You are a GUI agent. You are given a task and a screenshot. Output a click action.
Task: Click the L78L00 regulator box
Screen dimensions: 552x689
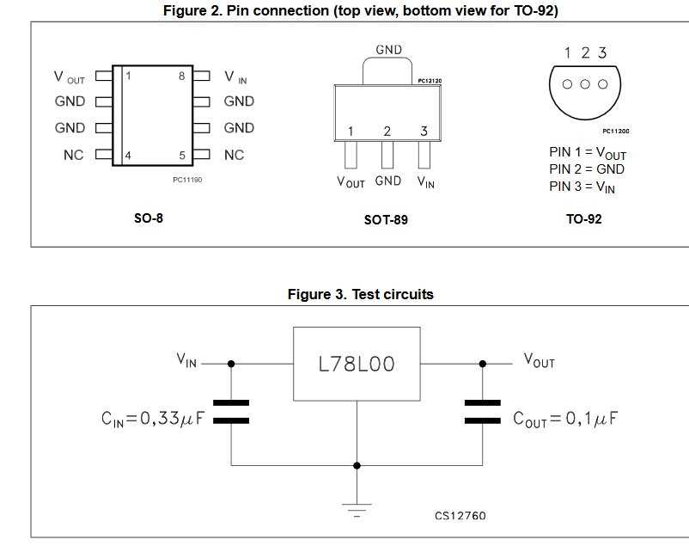[357, 364]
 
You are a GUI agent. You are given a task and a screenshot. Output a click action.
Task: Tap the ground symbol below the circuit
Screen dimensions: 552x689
[357, 509]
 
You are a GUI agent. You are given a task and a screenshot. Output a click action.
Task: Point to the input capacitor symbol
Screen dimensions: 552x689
[230, 411]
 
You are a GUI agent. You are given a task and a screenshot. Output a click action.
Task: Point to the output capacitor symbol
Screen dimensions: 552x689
[482, 411]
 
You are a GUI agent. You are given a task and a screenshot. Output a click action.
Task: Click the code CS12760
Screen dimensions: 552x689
[460, 516]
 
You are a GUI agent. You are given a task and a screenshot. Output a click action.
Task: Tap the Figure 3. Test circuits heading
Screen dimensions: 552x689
[360, 295]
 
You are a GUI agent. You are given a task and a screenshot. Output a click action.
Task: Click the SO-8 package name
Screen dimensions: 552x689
[149, 218]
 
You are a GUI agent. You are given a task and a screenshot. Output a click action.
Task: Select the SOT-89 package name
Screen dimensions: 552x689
[386, 220]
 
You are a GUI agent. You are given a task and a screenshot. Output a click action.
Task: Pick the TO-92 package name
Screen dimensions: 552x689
[583, 219]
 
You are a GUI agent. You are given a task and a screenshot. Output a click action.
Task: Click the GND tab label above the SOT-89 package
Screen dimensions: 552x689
[388, 50]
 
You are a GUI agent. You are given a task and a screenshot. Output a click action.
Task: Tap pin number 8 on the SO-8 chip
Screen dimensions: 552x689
[182, 76]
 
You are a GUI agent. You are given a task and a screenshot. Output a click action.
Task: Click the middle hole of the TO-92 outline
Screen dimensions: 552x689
[585, 84]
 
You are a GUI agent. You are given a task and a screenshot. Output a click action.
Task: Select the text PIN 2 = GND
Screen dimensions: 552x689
[587, 169]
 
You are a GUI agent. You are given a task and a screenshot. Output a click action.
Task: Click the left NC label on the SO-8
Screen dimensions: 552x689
[73, 156]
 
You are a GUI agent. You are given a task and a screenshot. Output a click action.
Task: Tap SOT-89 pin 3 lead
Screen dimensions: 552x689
[424, 156]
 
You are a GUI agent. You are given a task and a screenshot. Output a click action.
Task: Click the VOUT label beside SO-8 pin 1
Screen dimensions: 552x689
[70, 77]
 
